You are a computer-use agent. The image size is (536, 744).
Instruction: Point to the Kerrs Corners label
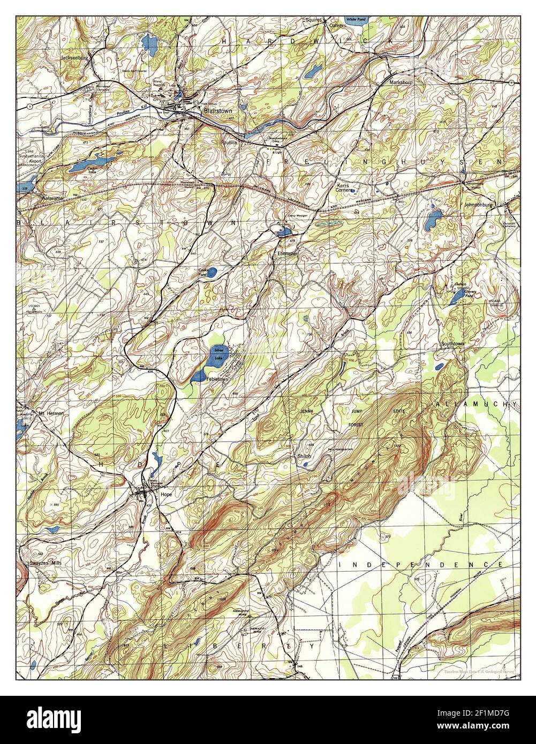(343, 186)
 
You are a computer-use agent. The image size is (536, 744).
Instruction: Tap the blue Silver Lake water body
(218, 354)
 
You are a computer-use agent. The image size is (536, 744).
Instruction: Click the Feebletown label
(216, 378)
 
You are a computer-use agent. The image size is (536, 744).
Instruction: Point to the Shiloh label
(304, 456)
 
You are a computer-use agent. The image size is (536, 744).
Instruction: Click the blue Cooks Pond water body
(212, 272)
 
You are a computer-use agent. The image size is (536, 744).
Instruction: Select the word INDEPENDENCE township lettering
(421, 565)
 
